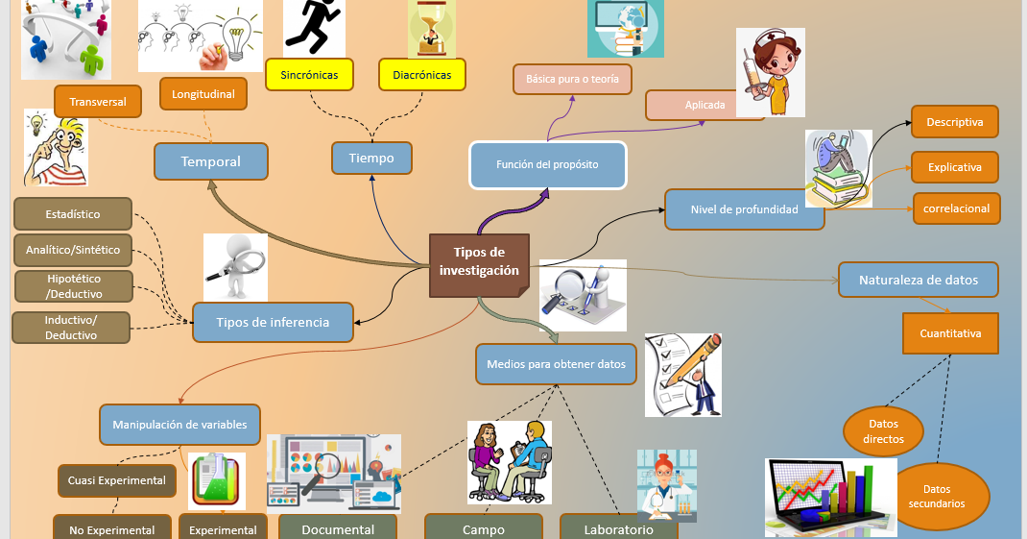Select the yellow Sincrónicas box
309,75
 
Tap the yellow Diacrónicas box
421,75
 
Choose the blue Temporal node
210,161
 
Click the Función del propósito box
547,164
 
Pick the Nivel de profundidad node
744,209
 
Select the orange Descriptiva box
954,122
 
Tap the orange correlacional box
956,208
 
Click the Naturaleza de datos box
918,280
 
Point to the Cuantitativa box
950,333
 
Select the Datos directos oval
883,431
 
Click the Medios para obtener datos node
556,364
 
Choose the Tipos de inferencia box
273,323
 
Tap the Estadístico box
72,214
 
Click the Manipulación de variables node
179,424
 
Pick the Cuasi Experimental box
116,480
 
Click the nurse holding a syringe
771,72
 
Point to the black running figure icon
314,27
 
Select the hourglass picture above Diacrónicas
432,28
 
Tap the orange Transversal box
98,101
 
